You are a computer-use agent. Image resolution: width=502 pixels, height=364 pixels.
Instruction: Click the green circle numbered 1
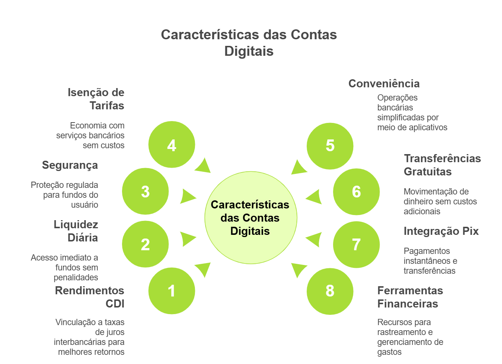coord(171,291)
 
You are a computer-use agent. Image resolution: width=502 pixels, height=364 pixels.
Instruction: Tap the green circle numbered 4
coord(171,145)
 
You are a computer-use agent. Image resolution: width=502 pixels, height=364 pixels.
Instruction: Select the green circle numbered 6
coord(356,192)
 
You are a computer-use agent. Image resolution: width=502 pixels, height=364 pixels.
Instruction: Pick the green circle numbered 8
coord(330,291)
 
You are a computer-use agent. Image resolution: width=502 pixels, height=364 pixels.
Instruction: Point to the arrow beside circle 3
coord(187,196)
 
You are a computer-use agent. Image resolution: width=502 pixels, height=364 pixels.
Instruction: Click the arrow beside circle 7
coord(314,240)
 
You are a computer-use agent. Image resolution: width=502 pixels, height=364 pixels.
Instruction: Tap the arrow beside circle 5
coord(298,167)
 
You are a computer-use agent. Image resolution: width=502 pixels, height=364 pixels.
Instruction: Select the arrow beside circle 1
coord(203,269)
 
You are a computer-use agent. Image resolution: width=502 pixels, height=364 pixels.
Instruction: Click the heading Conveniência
coord(384,84)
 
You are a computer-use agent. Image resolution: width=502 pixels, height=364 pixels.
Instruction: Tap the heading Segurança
coord(70,165)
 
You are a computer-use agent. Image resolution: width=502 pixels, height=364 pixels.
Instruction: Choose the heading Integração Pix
coord(441,231)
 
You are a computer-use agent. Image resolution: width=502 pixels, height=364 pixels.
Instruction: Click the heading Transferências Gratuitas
coord(442,165)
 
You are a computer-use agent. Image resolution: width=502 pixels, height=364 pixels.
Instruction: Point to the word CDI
coord(115,304)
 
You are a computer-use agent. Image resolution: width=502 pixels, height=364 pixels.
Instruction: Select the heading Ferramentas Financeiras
coord(410,297)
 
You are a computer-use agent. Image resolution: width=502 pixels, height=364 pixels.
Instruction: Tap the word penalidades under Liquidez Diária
coord(76,277)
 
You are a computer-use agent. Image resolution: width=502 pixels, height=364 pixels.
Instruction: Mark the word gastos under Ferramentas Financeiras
coord(390,352)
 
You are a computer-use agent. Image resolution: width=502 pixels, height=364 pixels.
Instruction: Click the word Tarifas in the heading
coord(107,106)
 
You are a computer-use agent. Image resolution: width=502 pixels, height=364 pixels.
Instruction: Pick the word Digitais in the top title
coord(249,51)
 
